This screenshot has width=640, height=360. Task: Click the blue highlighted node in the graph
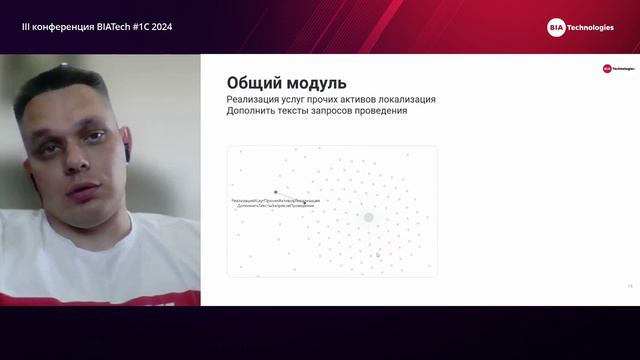[x=276, y=192]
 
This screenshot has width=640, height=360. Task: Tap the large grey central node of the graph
[x=368, y=217]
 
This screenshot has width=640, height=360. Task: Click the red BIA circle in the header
[x=556, y=28]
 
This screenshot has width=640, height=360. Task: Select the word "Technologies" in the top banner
[x=591, y=28]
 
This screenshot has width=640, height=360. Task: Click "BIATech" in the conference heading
[x=112, y=27]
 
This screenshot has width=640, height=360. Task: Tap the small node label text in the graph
[x=275, y=203]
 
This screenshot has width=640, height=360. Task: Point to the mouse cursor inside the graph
[x=378, y=255]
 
